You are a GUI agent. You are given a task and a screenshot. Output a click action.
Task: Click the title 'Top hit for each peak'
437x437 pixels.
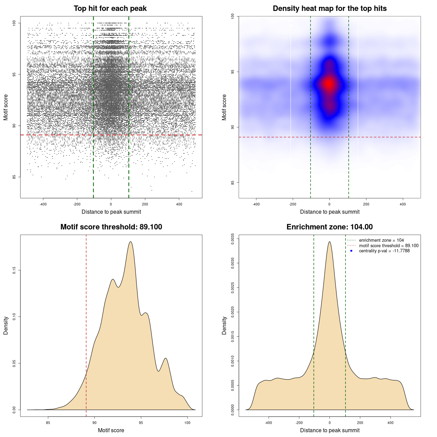point(110,9)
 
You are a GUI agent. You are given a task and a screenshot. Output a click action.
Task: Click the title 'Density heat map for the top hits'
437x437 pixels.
point(329,9)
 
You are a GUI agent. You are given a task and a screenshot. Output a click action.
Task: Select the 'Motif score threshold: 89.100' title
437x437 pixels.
point(111,227)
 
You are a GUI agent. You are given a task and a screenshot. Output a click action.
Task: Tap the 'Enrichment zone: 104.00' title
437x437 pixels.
point(329,227)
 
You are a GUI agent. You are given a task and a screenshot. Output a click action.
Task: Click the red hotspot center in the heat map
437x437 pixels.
point(329,83)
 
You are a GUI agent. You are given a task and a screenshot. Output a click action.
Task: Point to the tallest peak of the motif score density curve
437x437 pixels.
point(130,242)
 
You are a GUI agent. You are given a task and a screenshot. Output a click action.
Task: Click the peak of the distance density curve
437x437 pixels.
point(329,242)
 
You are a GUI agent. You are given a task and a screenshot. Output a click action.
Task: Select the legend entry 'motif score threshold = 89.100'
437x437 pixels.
point(389,245)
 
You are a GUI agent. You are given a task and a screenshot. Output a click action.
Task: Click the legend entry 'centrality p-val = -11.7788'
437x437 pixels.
point(384,251)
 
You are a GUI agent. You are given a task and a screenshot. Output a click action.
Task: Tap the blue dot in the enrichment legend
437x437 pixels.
point(351,251)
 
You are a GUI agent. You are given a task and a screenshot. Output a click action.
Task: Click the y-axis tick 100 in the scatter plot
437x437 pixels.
point(14,23)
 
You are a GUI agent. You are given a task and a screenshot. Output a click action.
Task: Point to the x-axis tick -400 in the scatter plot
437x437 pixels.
point(43,204)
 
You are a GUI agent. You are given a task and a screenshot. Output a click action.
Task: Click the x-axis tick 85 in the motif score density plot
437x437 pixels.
point(48,423)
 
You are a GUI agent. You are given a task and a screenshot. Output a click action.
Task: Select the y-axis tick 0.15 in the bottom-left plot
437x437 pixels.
point(14,270)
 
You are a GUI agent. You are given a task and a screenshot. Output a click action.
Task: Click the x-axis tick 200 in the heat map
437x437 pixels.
point(366,204)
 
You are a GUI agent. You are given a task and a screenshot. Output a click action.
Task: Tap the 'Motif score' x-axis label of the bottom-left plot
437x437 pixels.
point(111,430)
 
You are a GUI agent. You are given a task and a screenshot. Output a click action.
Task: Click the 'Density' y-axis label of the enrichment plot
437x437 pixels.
point(224,325)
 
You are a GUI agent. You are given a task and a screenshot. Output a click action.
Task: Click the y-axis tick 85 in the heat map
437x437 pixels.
point(233,182)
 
